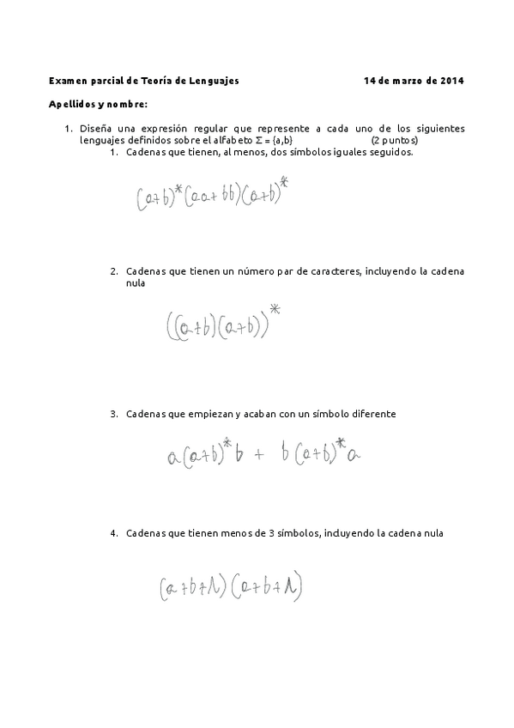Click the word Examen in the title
[68, 81]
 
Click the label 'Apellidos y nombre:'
[99, 104]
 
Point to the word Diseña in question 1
[95, 129]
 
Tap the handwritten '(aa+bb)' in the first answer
[210, 197]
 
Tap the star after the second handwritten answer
[275, 308]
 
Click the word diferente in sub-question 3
[369, 414]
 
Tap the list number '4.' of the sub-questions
[113, 533]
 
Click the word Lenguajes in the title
[215, 81]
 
